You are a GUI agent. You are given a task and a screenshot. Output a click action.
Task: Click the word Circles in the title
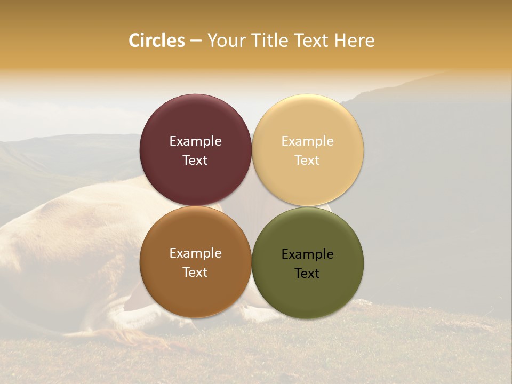click(x=157, y=41)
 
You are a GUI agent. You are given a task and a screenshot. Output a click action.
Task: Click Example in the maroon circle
click(x=195, y=141)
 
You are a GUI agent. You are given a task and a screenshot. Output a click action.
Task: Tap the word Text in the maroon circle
click(x=195, y=161)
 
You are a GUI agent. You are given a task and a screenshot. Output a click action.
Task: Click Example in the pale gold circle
click(x=308, y=141)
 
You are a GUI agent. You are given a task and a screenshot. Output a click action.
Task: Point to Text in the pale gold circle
click(x=308, y=161)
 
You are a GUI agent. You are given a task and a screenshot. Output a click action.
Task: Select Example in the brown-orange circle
click(x=195, y=253)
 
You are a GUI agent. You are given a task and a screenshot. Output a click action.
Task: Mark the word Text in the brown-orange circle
click(x=195, y=273)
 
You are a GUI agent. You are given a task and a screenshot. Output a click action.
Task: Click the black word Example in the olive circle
click(x=308, y=254)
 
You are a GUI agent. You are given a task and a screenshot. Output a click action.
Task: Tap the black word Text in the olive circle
click(x=308, y=274)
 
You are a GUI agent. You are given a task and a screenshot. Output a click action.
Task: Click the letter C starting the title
click(x=134, y=41)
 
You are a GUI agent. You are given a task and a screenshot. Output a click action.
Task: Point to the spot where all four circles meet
click(x=252, y=206)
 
